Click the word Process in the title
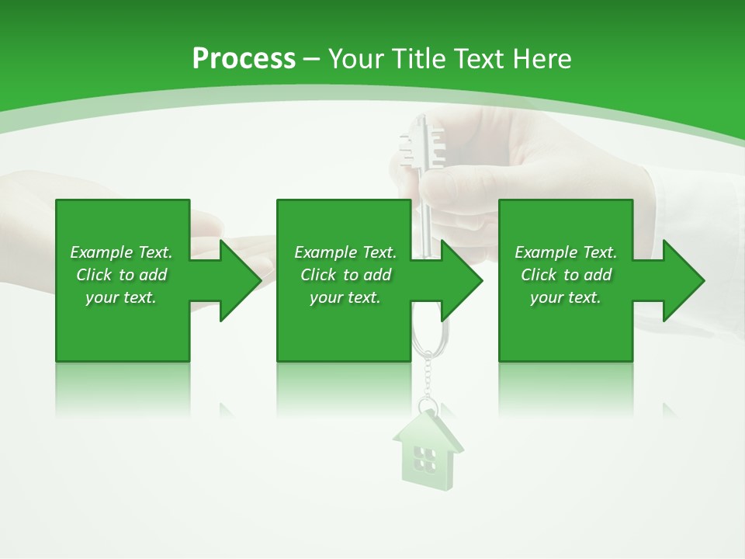[x=243, y=59]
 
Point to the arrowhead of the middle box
[x=461, y=280]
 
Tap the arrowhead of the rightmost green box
[x=682, y=280]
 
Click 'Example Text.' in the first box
[x=121, y=252]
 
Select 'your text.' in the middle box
[x=345, y=297]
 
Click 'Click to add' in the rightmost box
[x=566, y=275]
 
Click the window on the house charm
[x=424, y=459]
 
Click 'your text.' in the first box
[x=121, y=297]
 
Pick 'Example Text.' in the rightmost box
[x=566, y=252]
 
